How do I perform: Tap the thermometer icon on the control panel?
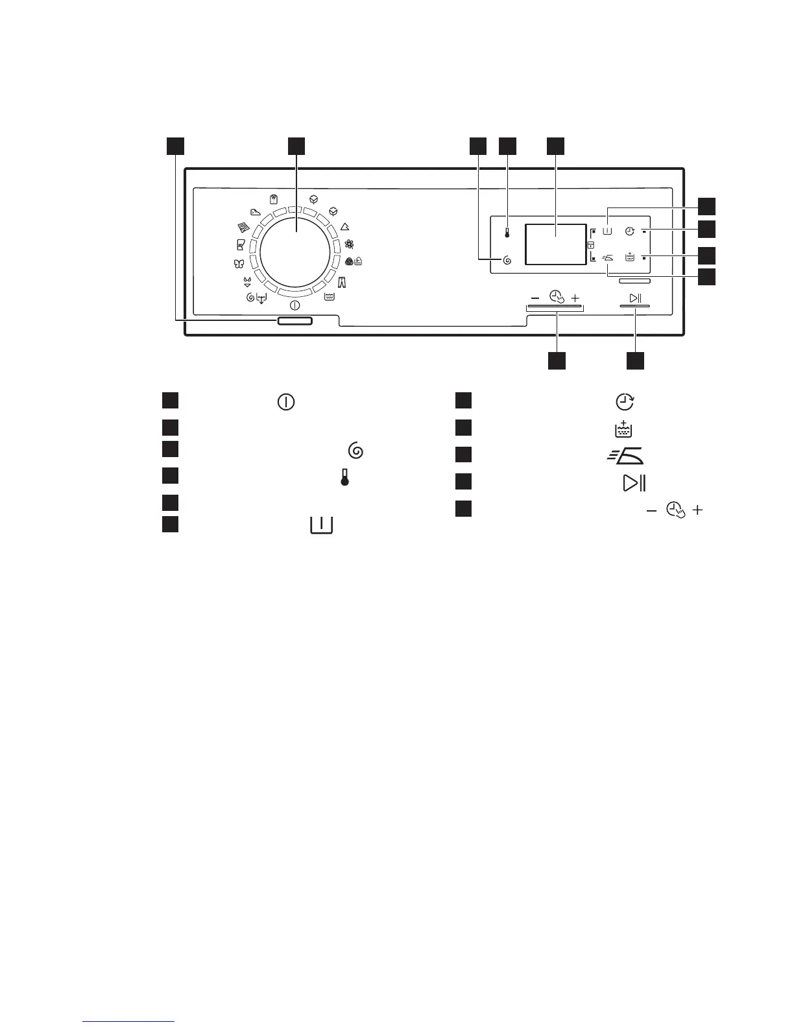[x=507, y=233]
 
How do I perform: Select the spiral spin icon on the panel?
[x=507, y=261]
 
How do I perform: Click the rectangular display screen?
[x=555, y=244]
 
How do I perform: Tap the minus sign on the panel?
[x=534, y=298]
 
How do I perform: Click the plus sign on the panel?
[x=575, y=298]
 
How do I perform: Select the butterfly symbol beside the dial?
[x=237, y=263]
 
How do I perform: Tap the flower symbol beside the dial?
[x=350, y=244]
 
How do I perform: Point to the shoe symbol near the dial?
[x=255, y=211]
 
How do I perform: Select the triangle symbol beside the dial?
[x=345, y=227]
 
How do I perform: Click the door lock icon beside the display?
[x=590, y=245]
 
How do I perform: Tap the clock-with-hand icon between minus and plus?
[x=555, y=297]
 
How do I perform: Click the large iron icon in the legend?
[x=625, y=455]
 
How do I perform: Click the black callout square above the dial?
[x=296, y=146]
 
